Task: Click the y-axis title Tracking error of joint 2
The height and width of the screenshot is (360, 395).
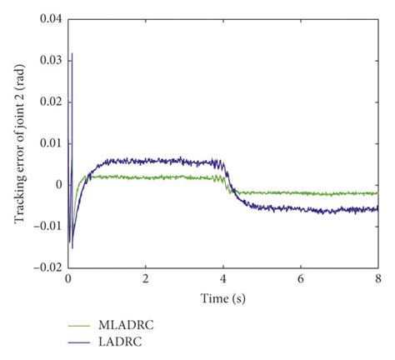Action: pos(18,142)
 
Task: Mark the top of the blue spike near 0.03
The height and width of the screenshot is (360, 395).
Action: pos(72,53)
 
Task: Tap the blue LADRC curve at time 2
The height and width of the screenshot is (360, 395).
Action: pos(146,160)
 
